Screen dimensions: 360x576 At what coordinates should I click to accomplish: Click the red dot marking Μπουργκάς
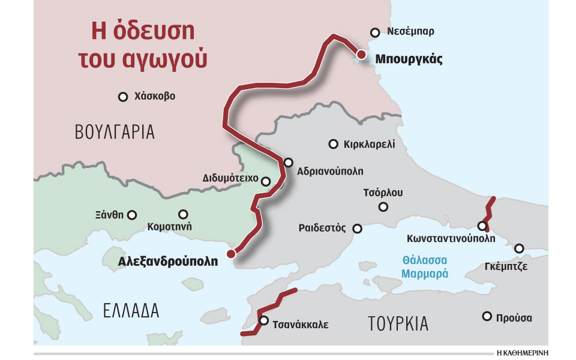[361, 55]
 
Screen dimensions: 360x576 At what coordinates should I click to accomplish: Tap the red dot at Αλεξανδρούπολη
[231, 254]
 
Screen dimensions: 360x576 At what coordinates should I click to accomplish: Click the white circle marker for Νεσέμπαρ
[375, 32]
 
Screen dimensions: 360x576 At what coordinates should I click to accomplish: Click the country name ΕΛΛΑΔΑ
[131, 310]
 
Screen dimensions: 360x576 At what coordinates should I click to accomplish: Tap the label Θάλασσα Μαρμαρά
[425, 266]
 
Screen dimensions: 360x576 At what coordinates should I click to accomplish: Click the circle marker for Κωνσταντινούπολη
[482, 226]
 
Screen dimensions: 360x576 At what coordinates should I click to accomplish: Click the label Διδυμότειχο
[230, 179]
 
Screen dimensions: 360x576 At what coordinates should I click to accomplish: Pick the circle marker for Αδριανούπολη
[288, 162]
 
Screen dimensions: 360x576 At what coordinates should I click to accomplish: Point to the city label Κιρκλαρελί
[370, 144]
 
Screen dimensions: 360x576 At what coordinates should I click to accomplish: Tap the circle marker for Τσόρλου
[383, 207]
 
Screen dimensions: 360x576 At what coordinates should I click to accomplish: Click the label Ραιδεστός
[322, 228]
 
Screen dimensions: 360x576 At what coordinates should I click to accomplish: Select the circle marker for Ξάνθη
[132, 215]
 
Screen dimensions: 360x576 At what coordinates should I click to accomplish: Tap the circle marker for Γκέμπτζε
[519, 248]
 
